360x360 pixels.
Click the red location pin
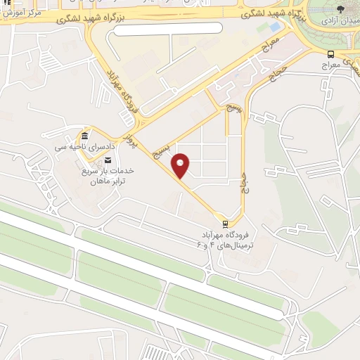pyautogui.click(x=181, y=164)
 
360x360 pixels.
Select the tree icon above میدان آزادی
pyautogui.click(x=341, y=8)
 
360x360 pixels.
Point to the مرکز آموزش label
pyautogui.click(x=20, y=13)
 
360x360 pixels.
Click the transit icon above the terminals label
pyautogui.click(x=224, y=225)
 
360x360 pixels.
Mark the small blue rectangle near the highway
pyautogui.click(x=274, y=27)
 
